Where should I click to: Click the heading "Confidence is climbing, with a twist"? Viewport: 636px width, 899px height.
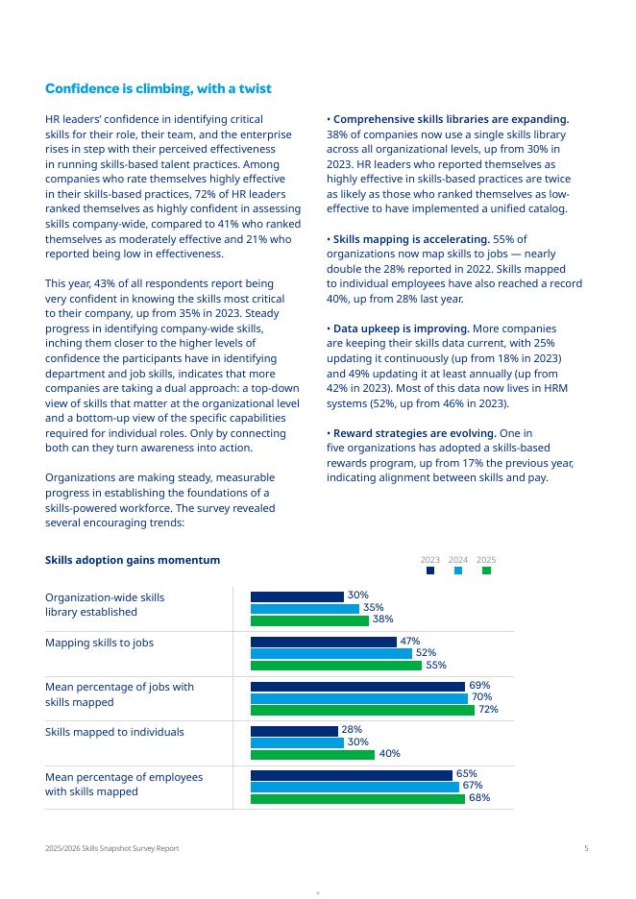click(x=159, y=89)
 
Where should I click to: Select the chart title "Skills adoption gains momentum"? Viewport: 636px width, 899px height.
click(x=133, y=560)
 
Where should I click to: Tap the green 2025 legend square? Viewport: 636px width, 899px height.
click(x=486, y=571)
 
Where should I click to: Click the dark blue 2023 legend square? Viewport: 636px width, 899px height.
click(x=430, y=571)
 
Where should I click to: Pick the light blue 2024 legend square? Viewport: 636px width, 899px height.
click(x=458, y=571)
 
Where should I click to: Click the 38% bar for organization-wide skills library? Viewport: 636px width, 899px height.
click(x=309, y=620)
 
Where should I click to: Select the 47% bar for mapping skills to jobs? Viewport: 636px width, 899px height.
click(x=323, y=642)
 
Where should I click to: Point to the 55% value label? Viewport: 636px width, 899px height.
click(x=435, y=665)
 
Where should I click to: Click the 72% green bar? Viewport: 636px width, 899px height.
click(x=362, y=710)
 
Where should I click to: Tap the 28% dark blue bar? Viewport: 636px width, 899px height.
click(x=294, y=731)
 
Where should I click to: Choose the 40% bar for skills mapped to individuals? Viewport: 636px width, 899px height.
click(x=312, y=754)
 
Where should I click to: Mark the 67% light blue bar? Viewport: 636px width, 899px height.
click(x=355, y=787)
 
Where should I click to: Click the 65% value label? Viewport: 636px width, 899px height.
click(x=467, y=774)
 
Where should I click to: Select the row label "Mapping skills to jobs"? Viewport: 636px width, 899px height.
click(x=99, y=643)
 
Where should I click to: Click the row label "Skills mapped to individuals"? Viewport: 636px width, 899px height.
click(x=114, y=732)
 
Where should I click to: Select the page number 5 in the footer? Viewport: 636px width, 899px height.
click(x=586, y=848)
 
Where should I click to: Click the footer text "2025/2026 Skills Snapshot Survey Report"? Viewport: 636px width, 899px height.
click(x=111, y=848)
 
